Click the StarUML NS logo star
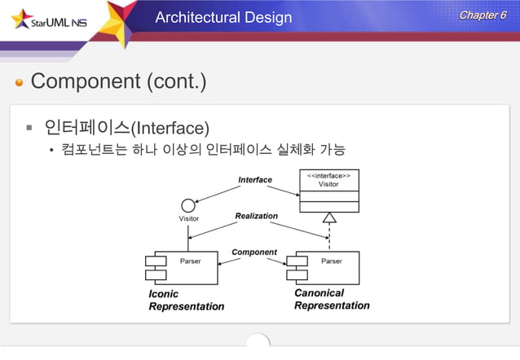(x=19, y=17)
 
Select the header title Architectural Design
(x=223, y=17)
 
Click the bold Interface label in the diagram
(x=255, y=179)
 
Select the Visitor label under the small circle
(x=188, y=219)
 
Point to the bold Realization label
(x=256, y=216)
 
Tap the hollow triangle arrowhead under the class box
(x=328, y=217)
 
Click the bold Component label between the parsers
(x=254, y=252)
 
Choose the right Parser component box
(x=324, y=267)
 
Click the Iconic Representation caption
(x=186, y=300)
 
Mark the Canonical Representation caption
(x=331, y=299)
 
